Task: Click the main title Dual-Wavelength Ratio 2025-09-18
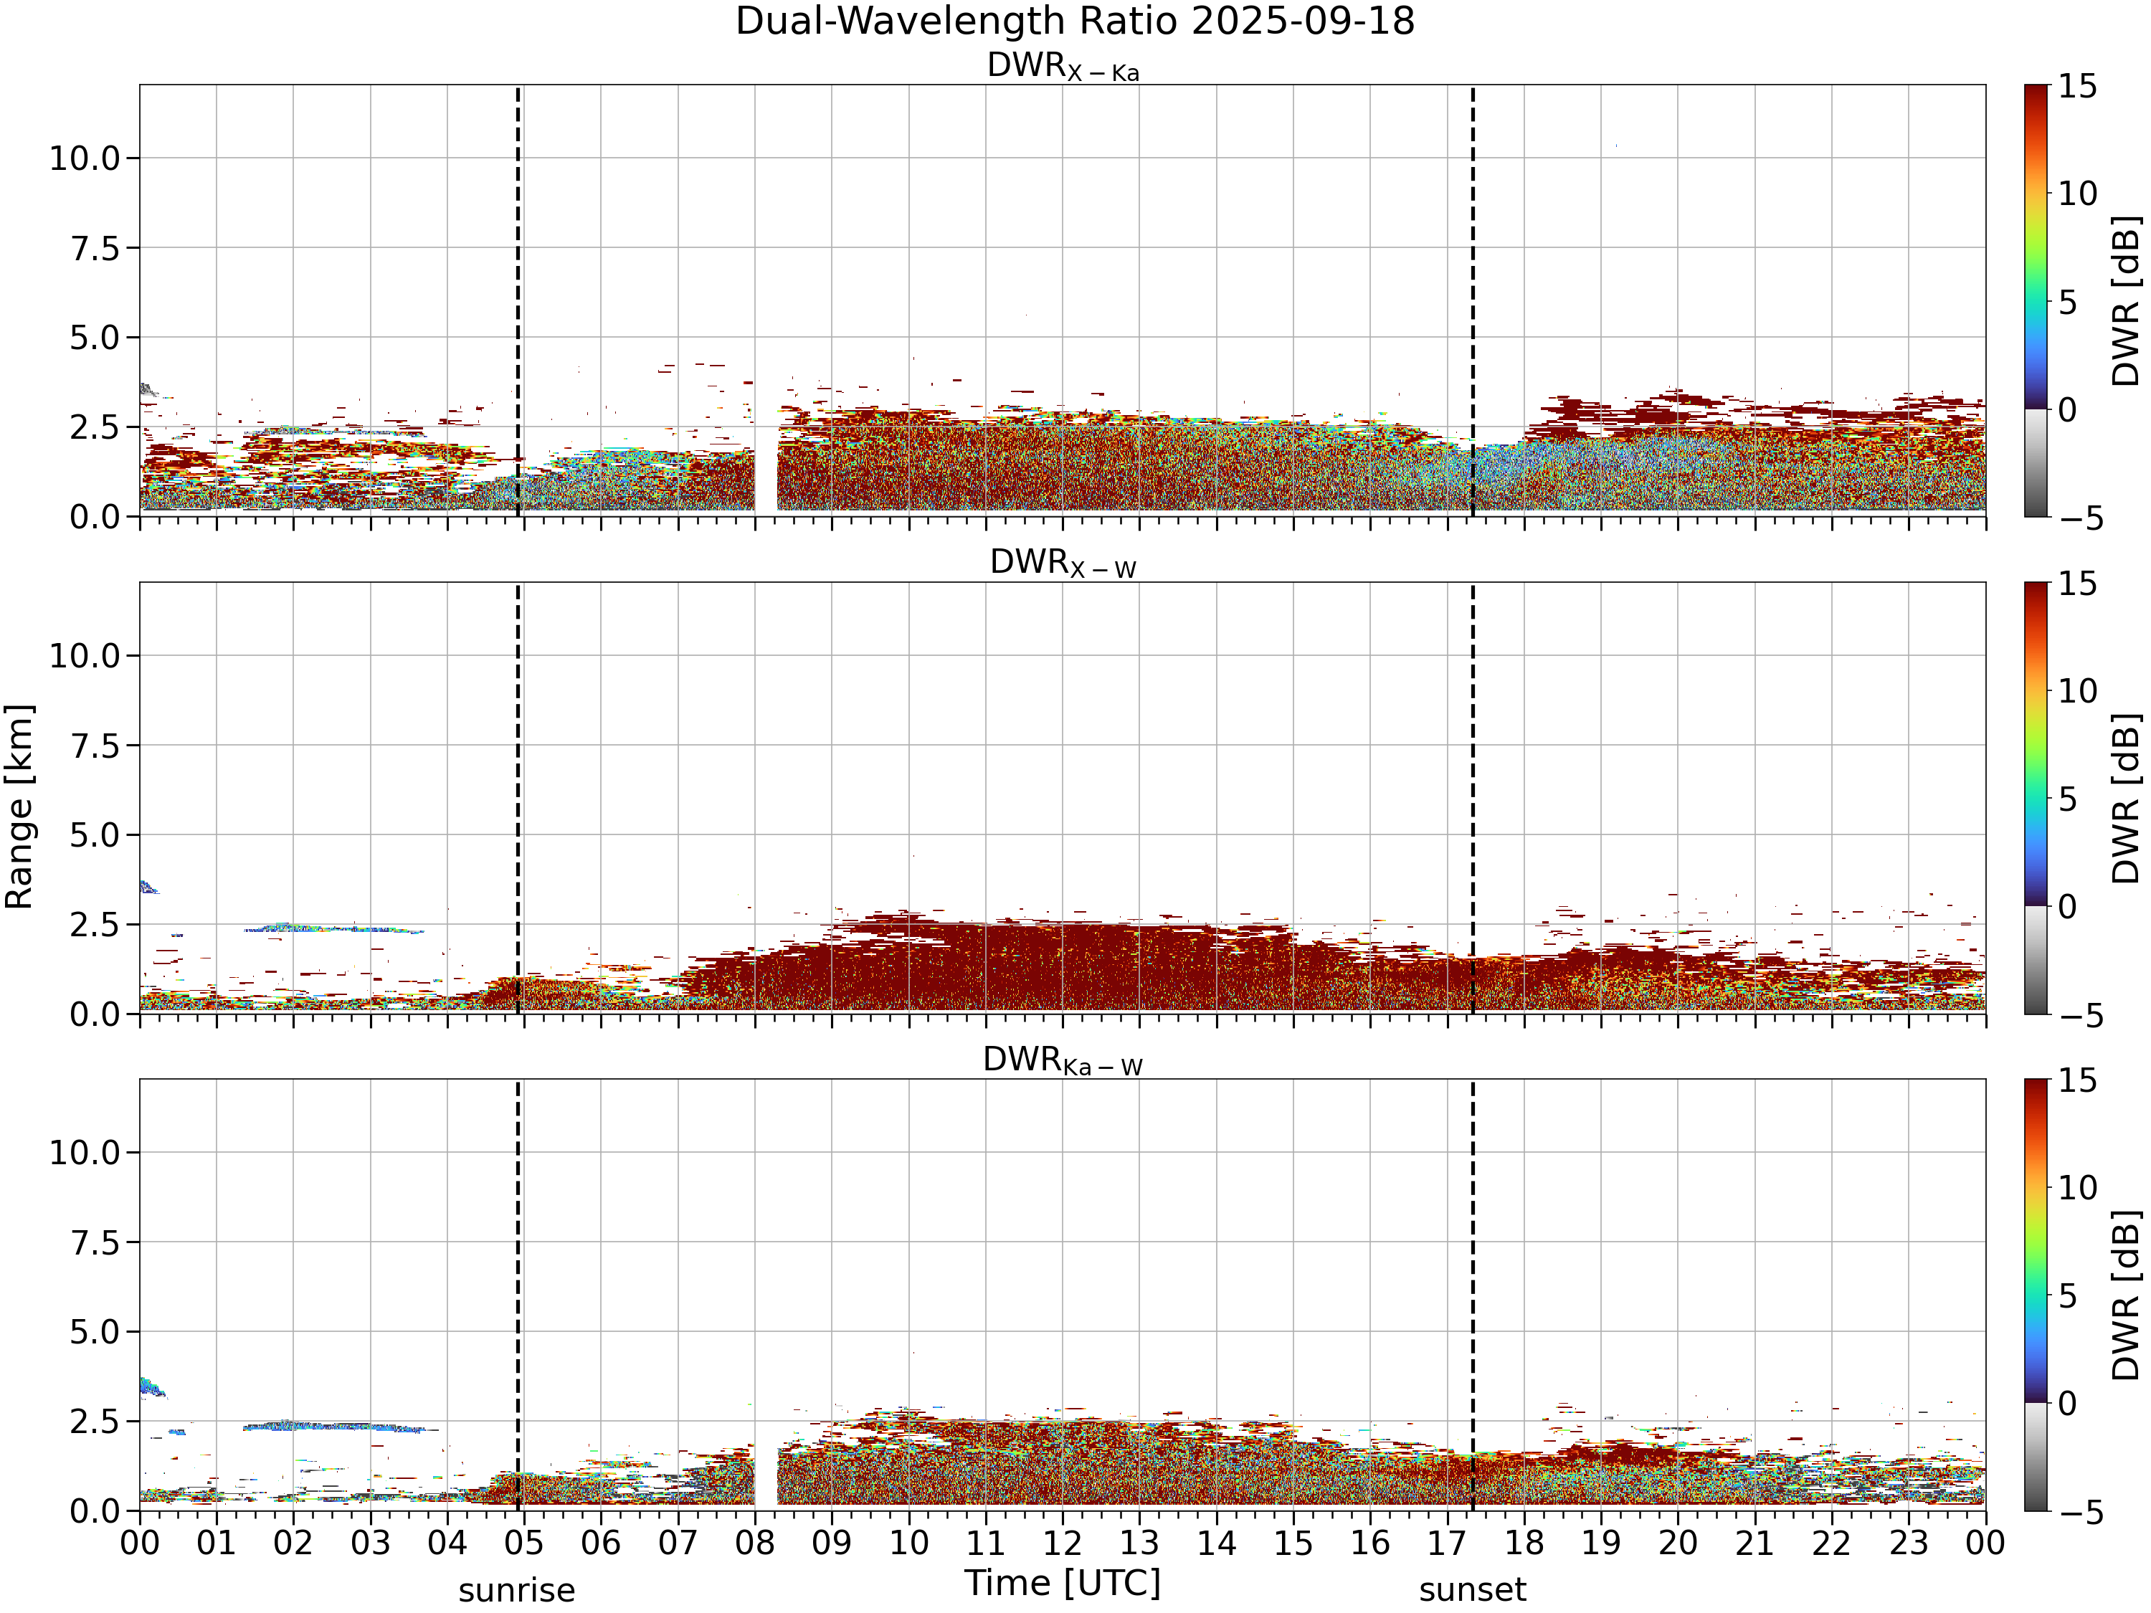[1075, 22]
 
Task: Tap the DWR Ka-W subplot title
[1063, 1061]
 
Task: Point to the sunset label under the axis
[1472, 1591]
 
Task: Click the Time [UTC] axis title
[1063, 1584]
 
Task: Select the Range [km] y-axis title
[19, 807]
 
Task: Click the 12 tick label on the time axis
[1062, 1543]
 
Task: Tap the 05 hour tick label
[523, 1543]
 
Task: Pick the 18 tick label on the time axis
[1524, 1543]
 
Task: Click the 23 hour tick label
[1908, 1543]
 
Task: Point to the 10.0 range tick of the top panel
[85, 158]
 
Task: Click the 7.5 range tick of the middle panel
[95, 746]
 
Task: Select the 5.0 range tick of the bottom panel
[95, 1332]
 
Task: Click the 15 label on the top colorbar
[2077, 87]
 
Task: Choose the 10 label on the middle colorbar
[2077, 691]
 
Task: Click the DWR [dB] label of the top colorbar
[2127, 301]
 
